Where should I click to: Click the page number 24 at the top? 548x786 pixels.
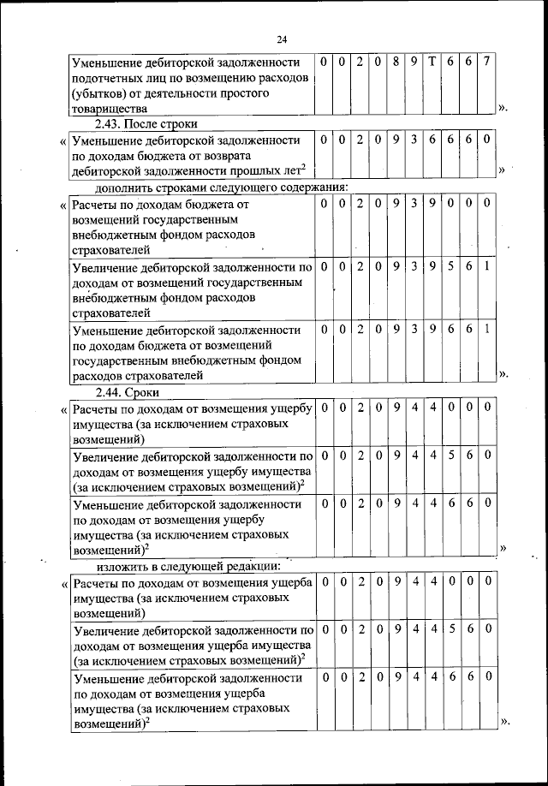point(283,39)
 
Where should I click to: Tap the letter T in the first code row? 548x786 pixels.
point(432,63)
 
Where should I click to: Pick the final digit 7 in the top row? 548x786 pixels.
point(486,63)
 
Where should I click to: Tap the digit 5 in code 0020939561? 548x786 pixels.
point(450,266)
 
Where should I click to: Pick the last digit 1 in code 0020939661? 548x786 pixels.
point(486,330)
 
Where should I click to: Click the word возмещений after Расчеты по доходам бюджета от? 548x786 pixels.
point(110,220)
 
